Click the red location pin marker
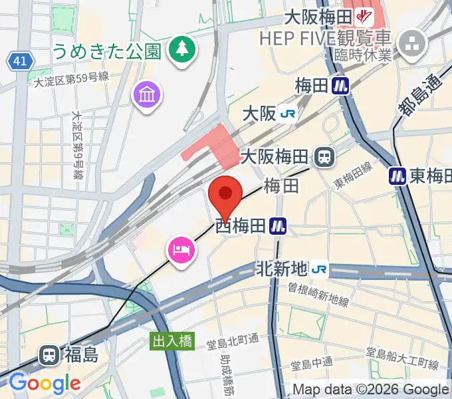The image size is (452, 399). (225, 195)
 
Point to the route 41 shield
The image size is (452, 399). (21, 62)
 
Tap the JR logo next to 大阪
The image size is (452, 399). (288, 114)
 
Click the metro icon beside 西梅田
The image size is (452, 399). (278, 227)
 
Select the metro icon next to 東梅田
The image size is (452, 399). (397, 176)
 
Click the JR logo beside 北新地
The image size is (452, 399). (319, 269)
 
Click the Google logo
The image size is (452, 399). (44, 382)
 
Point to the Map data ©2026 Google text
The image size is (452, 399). (371, 390)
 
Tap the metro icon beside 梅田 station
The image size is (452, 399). (342, 85)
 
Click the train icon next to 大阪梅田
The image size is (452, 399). (324, 157)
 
